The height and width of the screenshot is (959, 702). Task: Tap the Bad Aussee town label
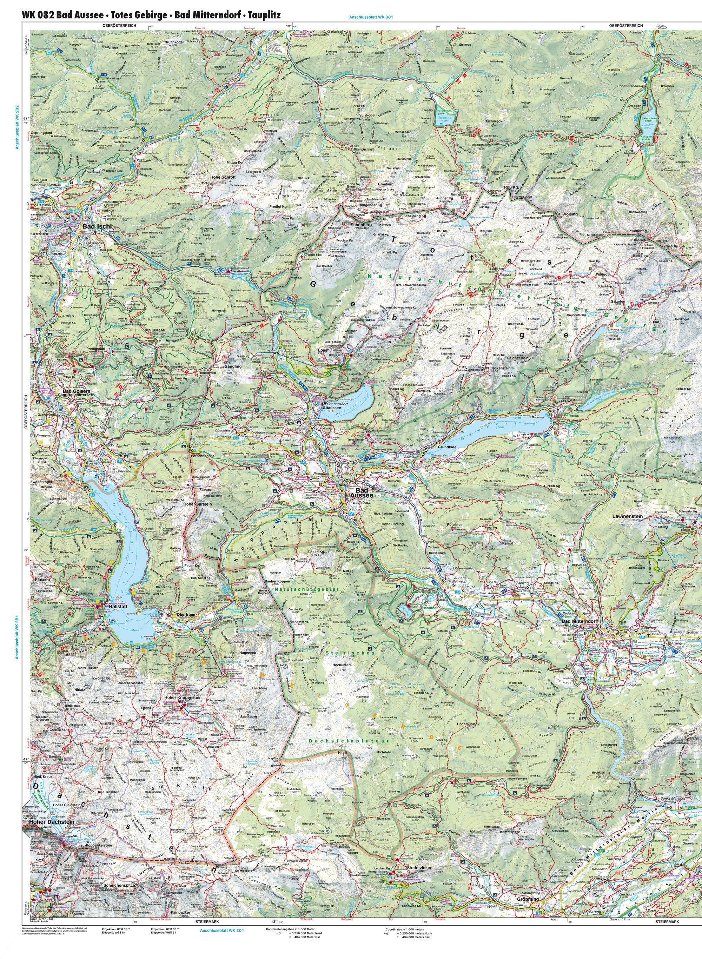pos(361,493)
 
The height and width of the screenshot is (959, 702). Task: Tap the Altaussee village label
pos(330,406)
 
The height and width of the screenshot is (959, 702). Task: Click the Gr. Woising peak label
pos(566,214)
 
